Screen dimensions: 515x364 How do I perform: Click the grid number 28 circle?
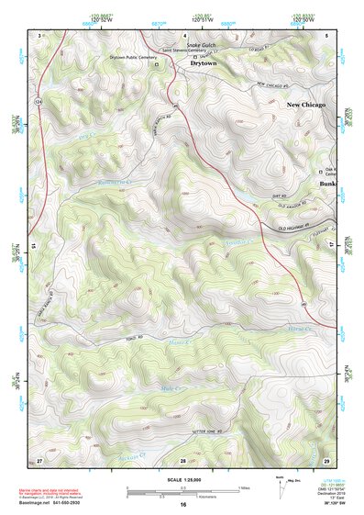tap(182, 459)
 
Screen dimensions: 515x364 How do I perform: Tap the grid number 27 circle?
tap(39, 459)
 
